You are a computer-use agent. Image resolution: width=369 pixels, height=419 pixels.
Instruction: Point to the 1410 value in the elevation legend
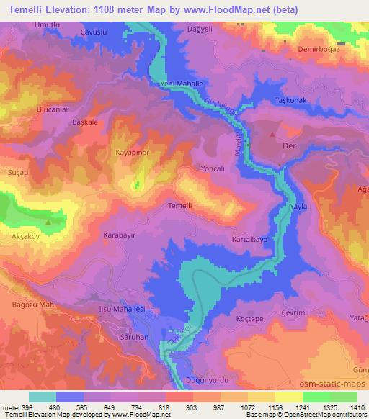357,407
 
